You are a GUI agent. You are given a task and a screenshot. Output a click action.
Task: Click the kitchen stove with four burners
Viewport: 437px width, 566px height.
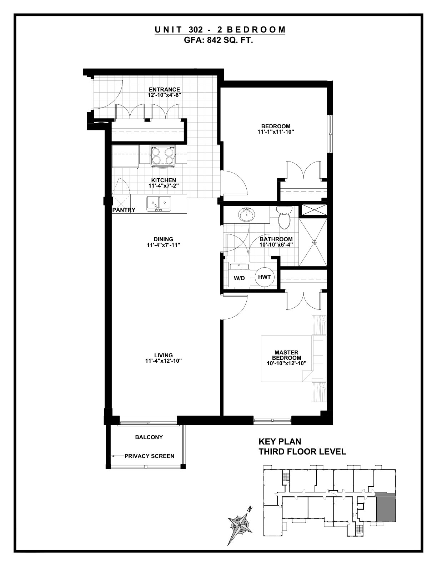[x=162, y=155]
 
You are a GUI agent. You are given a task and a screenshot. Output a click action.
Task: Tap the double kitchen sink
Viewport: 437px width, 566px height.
[x=159, y=204]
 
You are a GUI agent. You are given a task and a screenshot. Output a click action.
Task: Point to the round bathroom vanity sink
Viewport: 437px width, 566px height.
[x=246, y=215]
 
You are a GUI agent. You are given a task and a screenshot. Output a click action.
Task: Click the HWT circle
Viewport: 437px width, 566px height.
[x=264, y=277]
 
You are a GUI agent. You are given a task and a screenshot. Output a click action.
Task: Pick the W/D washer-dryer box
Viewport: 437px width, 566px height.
[x=239, y=275]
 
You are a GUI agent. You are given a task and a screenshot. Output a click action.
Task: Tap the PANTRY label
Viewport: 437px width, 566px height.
[x=124, y=210]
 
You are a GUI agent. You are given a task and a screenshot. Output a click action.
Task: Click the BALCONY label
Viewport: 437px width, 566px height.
[x=149, y=437]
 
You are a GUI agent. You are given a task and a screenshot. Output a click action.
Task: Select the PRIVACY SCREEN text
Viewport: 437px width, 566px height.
[x=149, y=456]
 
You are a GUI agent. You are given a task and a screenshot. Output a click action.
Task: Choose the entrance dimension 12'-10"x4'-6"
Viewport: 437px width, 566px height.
[x=165, y=95]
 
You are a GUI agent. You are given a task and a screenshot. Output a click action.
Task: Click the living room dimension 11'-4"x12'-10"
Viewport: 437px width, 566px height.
[x=164, y=361]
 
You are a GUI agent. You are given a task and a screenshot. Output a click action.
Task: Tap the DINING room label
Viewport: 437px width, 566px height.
[x=164, y=239]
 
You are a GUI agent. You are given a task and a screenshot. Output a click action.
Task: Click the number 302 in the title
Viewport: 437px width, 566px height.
[x=195, y=30]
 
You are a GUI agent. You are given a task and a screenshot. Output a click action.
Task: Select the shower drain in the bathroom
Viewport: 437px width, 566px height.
[x=315, y=242]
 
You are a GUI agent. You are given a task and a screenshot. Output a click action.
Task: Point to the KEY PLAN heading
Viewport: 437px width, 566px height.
[x=280, y=442]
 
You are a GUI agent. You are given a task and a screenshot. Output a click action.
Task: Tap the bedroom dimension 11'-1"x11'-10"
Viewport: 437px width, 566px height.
[x=276, y=132]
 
